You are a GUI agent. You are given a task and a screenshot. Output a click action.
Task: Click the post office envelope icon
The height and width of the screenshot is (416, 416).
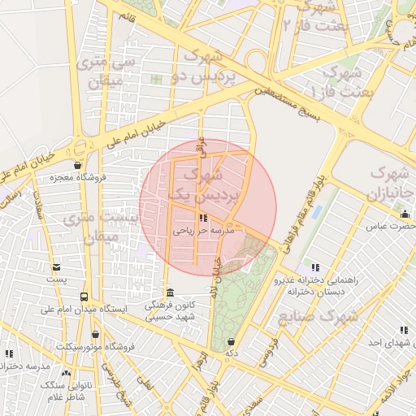pos(56,266)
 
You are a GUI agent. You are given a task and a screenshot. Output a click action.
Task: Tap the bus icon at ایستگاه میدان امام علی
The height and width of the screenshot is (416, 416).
pos(84,297)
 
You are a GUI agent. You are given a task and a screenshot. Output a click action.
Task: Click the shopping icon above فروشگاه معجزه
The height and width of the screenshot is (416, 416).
pos(79,164)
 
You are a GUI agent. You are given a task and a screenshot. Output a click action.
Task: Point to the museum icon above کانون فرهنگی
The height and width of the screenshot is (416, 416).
pos(169,292)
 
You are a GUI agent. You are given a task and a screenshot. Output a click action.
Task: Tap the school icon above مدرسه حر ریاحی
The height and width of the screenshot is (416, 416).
pos(202,218)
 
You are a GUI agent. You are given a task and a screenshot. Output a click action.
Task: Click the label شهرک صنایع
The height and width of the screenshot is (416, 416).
pos(318,316)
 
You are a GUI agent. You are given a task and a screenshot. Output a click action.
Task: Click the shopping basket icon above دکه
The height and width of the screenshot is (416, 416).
pos(232,341)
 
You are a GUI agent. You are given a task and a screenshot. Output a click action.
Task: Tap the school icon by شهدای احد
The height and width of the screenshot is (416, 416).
pos(404,330)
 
